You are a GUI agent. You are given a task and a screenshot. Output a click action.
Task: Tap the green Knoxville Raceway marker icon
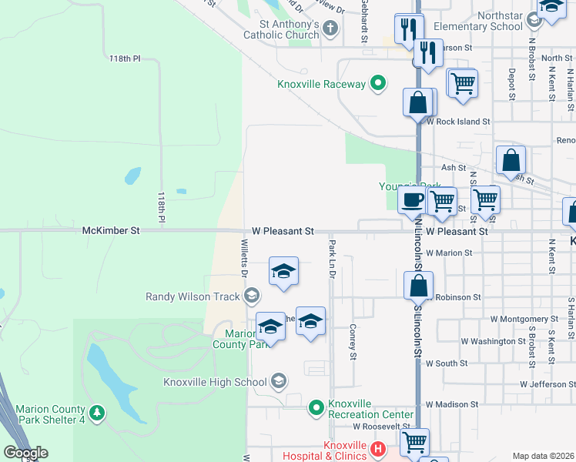378,83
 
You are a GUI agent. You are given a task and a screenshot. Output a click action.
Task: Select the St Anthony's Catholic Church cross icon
331,29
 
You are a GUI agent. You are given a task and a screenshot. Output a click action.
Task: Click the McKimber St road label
112,230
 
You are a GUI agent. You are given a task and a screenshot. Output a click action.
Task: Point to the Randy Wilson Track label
193,296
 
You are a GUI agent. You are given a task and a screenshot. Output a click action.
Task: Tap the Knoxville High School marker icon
279,382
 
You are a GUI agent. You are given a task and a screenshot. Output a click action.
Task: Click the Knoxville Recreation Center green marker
316,408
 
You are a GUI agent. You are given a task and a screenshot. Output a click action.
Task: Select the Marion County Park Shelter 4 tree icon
96,413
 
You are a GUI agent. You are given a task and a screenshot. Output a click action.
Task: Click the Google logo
25,453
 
